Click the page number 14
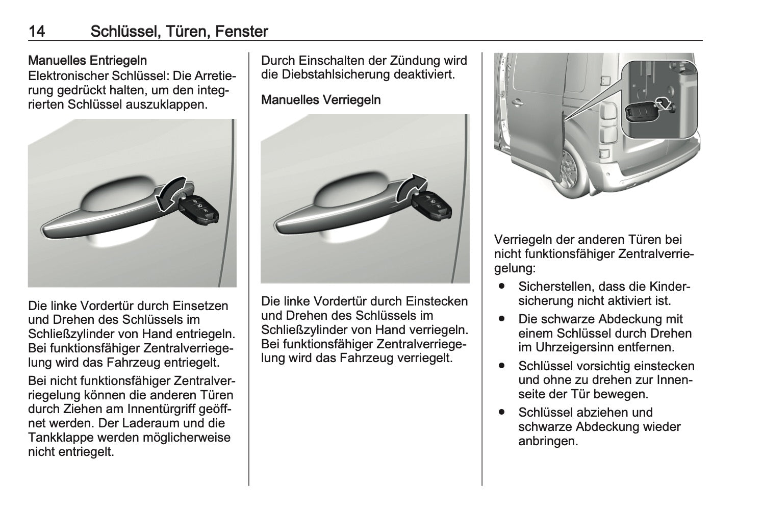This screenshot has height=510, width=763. pyautogui.click(x=37, y=31)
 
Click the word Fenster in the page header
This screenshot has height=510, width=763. pyautogui.click(x=242, y=31)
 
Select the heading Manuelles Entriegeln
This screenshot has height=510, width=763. pyautogui.click(x=88, y=61)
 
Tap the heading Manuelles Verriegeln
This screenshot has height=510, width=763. pyautogui.click(x=321, y=100)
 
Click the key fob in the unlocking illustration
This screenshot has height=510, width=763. pyautogui.click(x=197, y=209)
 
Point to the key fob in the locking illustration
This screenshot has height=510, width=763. pyautogui.click(x=431, y=206)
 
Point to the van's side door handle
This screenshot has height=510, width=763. pyautogui.click(x=517, y=103)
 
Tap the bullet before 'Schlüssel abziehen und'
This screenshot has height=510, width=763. pyautogui.click(x=501, y=412)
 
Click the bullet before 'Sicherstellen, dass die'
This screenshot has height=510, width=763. pyautogui.click(x=501, y=286)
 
